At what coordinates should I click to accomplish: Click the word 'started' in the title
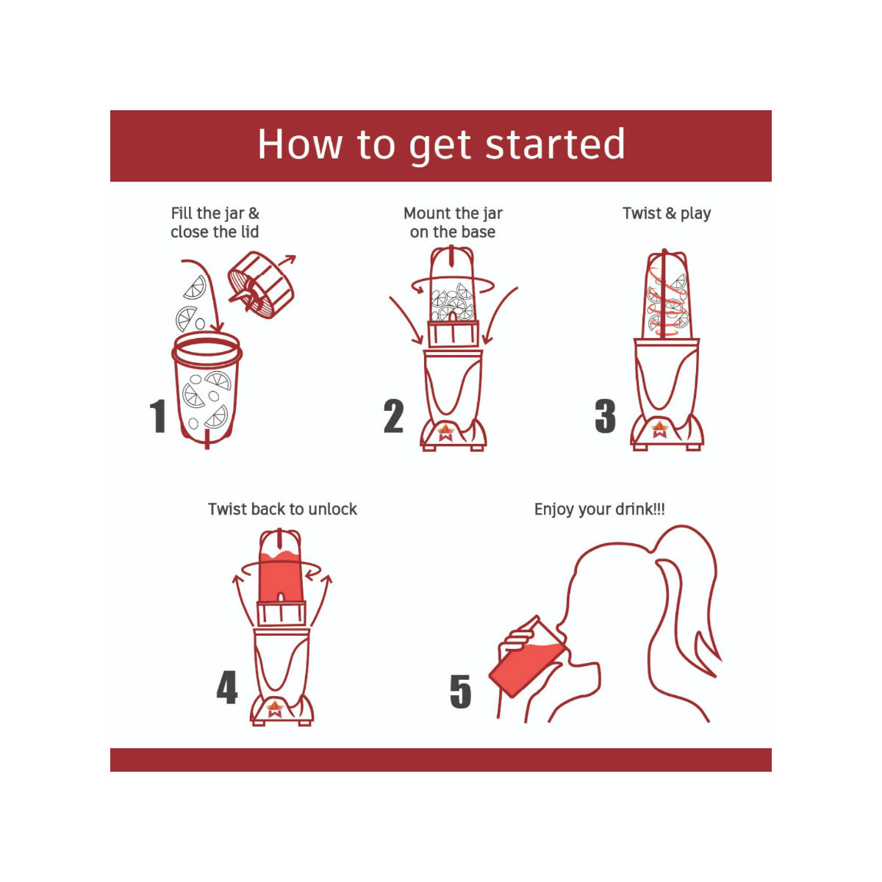pos(555,144)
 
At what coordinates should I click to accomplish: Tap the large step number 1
pos(158,415)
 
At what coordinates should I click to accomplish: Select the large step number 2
pos(394,415)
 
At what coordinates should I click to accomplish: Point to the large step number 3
pos(605,415)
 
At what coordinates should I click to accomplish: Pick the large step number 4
pos(227,686)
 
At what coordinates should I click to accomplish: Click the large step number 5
pos(460,691)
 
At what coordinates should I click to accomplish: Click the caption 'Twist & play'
pos(667,214)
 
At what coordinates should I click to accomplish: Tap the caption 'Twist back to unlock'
pos(282,509)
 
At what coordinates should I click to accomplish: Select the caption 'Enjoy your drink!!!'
pos(599,509)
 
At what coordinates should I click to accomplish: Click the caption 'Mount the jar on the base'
pos(453,223)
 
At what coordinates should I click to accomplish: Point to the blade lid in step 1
pos(260,284)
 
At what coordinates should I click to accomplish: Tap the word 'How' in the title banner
pos(301,144)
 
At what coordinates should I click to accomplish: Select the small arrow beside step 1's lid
pos(287,261)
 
